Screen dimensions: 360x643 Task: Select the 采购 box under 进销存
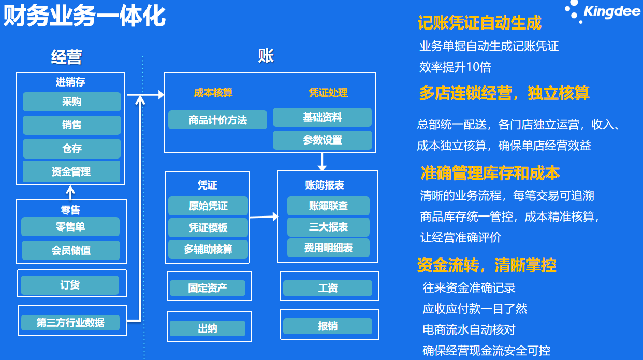71,102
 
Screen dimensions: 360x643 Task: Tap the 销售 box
71,125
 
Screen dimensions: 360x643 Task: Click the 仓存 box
71,149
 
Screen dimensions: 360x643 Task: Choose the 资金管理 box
71,172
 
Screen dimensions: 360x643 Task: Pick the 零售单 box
70,227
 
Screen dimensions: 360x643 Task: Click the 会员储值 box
71,250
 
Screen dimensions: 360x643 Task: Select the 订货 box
70,285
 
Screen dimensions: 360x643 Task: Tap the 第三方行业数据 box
70,323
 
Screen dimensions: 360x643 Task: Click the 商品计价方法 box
217,120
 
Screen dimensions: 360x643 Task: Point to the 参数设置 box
322,140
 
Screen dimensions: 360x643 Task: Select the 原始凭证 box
208,206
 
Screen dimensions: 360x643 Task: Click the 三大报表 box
328,227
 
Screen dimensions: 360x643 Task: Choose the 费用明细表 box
328,248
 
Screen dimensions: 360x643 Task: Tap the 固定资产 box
207,287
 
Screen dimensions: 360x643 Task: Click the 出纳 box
207,328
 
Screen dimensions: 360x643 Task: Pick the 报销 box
327,326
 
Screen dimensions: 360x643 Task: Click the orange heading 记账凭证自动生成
479,23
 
